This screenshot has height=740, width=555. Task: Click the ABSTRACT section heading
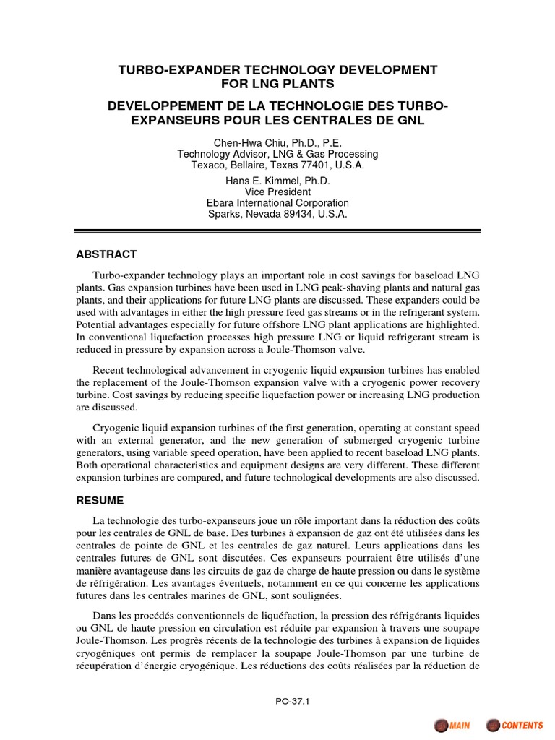pos(106,254)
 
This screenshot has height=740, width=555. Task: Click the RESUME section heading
pos(100,500)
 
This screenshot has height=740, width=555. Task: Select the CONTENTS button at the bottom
pos(516,725)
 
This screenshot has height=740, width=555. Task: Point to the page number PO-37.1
pos(277,700)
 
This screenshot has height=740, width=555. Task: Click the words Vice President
pos(277,192)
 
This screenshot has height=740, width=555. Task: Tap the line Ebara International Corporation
pos(277,203)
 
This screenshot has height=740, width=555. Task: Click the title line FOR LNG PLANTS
pos(277,85)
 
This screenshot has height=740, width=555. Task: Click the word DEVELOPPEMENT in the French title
pos(157,106)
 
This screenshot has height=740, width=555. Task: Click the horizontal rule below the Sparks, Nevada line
pos(277,231)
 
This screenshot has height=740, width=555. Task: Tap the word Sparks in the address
pos(223,214)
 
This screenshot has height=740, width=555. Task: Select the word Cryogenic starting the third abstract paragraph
pos(116,420)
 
